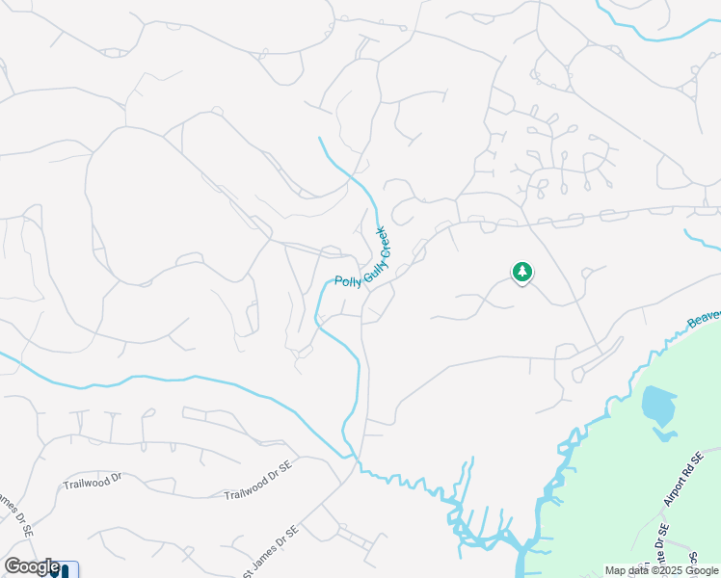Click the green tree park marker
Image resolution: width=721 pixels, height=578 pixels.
click(x=521, y=273)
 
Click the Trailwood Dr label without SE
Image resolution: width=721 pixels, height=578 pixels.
click(x=93, y=479)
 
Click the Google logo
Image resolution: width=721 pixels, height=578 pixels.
click(x=32, y=566)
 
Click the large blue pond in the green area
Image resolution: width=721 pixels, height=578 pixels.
click(x=657, y=404)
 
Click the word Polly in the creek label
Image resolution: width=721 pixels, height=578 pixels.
click(x=343, y=281)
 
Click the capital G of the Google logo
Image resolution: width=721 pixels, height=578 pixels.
click(x=12, y=566)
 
